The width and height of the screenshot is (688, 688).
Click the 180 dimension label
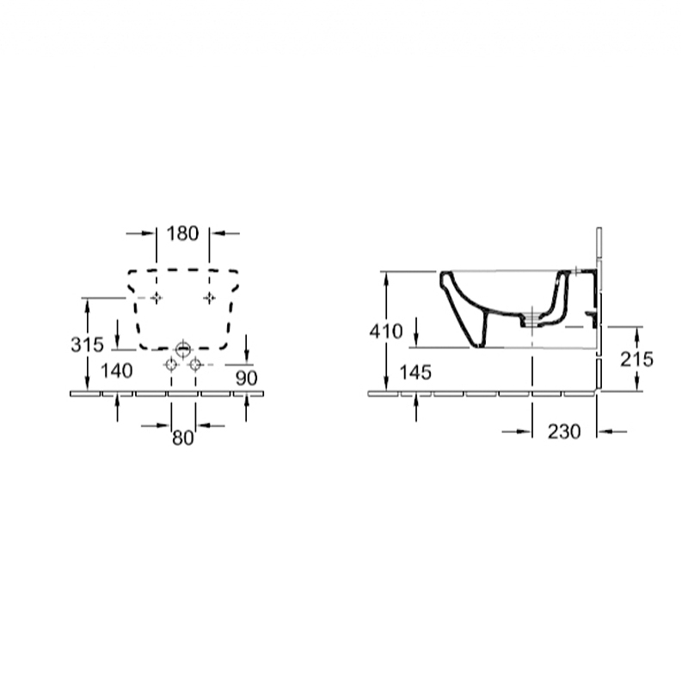pyautogui.click(x=182, y=233)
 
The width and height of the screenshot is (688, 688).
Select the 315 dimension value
pyautogui.click(x=88, y=345)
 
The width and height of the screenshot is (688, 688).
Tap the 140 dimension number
pyautogui.click(x=117, y=372)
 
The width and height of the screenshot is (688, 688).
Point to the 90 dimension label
pyautogui.click(x=246, y=378)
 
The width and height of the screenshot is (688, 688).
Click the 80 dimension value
pyautogui.click(x=182, y=438)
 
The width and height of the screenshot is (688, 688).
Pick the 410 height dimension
pyautogui.click(x=386, y=331)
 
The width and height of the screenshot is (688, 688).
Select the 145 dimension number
pyautogui.click(x=415, y=372)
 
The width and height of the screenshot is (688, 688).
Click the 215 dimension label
pyautogui.click(x=636, y=359)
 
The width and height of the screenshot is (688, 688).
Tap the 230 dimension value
pyautogui.click(x=564, y=432)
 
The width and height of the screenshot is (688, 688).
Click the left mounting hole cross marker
pyautogui.click(x=157, y=298)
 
